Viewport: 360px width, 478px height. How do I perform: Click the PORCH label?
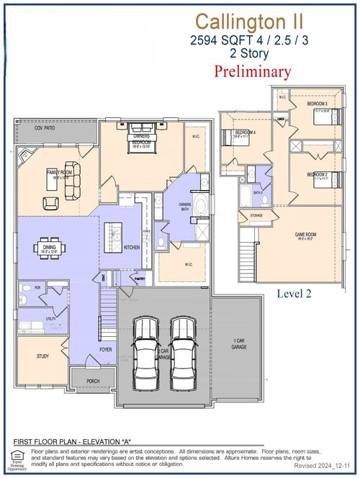(x=94, y=381)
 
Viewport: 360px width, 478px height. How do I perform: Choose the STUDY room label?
(x=43, y=356)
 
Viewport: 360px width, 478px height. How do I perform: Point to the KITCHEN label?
(x=132, y=248)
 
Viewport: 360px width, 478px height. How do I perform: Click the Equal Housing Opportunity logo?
(x=17, y=456)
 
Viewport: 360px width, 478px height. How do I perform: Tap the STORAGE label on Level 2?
(x=256, y=215)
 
